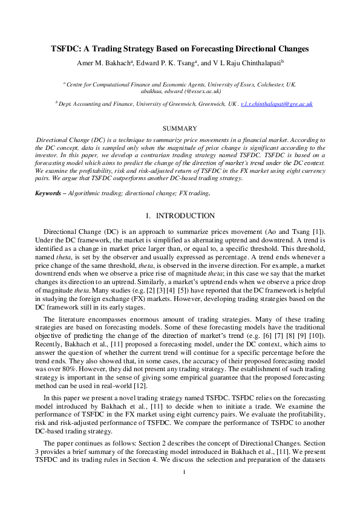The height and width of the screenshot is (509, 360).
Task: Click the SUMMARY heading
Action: [x=180, y=128]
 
